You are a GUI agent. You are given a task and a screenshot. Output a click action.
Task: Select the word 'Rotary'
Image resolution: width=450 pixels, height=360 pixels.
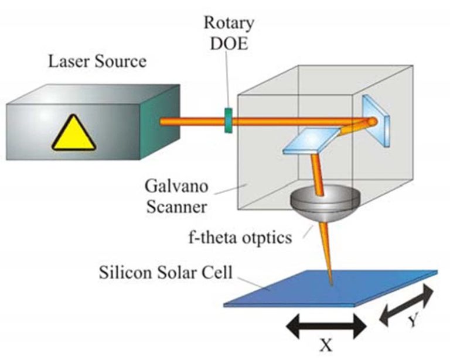pyautogui.click(x=229, y=23)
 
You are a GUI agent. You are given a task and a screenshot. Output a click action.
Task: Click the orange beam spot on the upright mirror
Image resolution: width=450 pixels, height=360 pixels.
pyautogui.click(x=371, y=122)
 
